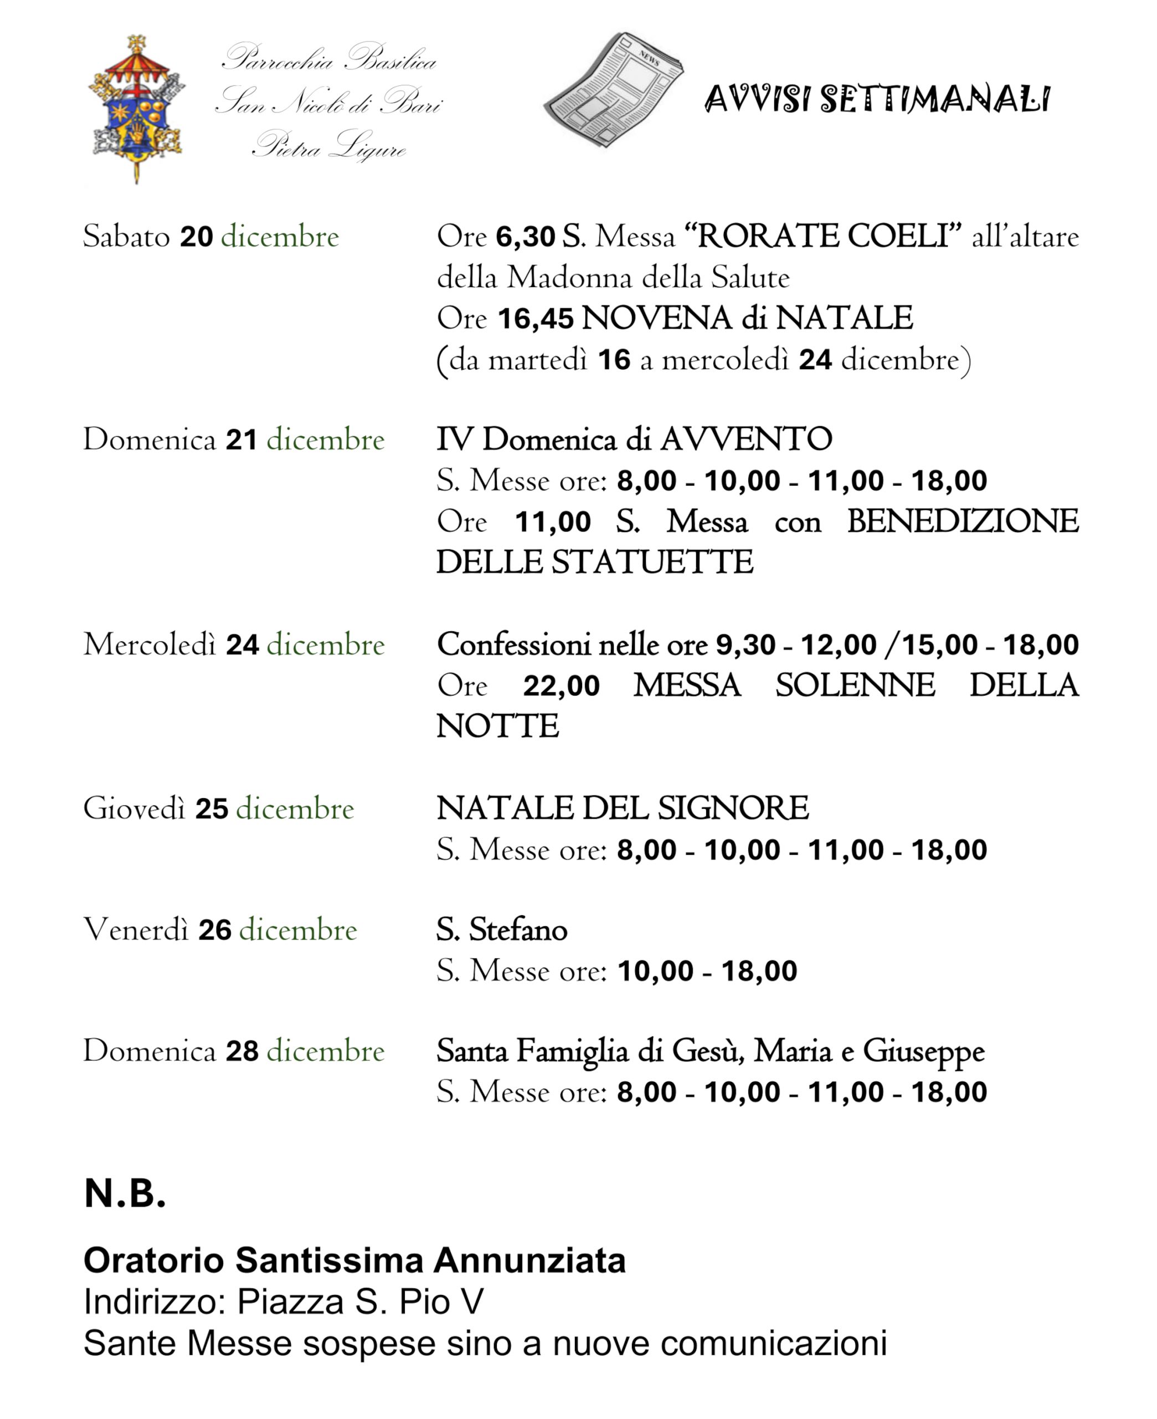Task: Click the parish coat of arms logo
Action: pyautogui.click(x=137, y=109)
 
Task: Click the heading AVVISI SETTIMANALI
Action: pyautogui.click(x=876, y=100)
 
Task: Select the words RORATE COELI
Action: pyautogui.click(x=822, y=237)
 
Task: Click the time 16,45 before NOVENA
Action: pyautogui.click(x=535, y=319)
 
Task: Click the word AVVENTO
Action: pyautogui.click(x=747, y=440)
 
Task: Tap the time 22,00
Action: pyautogui.click(x=561, y=686)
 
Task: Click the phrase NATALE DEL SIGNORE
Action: pyautogui.click(x=623, y=809)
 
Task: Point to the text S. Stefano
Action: pyautogui.click(x=502, y=930)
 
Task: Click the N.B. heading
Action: pyautogui.click(x=125, y=1193)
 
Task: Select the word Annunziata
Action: pyautogui.click(x=530, y=1261)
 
